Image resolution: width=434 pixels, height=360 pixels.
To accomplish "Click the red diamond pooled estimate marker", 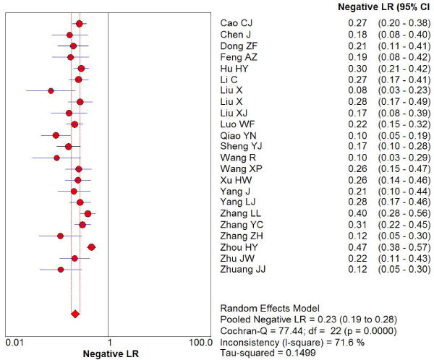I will point(75,314).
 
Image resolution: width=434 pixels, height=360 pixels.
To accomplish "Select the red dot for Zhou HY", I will point(91,247).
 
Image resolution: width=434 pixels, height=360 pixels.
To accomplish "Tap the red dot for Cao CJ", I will point(79,24).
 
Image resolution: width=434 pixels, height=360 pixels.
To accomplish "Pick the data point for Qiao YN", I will point(56,135).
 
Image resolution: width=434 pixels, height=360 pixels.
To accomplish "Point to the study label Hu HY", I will point(234,68).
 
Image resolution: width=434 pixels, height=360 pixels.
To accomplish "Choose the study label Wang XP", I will point(239,169).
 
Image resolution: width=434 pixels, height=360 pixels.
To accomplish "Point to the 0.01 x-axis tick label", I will point(14,341).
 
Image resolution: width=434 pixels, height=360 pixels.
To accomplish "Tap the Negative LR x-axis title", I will point(109,354).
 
